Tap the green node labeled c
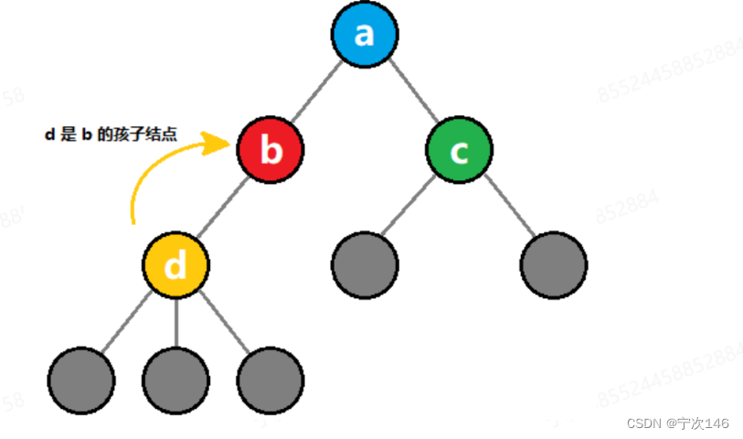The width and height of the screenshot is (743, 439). pyautogui.click(x=459, y=150)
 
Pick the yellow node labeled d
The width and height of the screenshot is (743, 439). pyautogui.click(x=175, y=265)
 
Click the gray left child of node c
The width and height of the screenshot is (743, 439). pyautogui.click(x=365, y=265)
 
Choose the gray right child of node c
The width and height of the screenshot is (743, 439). pyautogui.click(x=554, y=265)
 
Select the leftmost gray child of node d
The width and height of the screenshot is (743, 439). pyautogui.click(x=81, y=380)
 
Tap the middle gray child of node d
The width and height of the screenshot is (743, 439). pyautogui.click(x=176, y=380)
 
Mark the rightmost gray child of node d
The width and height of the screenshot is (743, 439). pyautogui.click(x=271, y=380)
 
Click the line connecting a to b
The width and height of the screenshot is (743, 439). pyautogui.click(x=317, y=92)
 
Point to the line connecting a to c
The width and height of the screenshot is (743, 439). pyautogui.click(x=412, y=92)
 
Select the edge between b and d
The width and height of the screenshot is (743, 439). pyautogui.click(x=223, y=208)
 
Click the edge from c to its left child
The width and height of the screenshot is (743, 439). pyautogui.click(x=411, y=208)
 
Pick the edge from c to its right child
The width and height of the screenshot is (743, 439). pyautogui.click(x=506, y=208)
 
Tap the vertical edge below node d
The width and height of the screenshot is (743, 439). pyautogui.click(x=176, y=322)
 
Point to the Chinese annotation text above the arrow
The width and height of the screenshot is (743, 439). pyautogui.click(x=111, y=134)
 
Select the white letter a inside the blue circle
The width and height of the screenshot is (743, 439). pyautogui.click(x=365, y=35)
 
